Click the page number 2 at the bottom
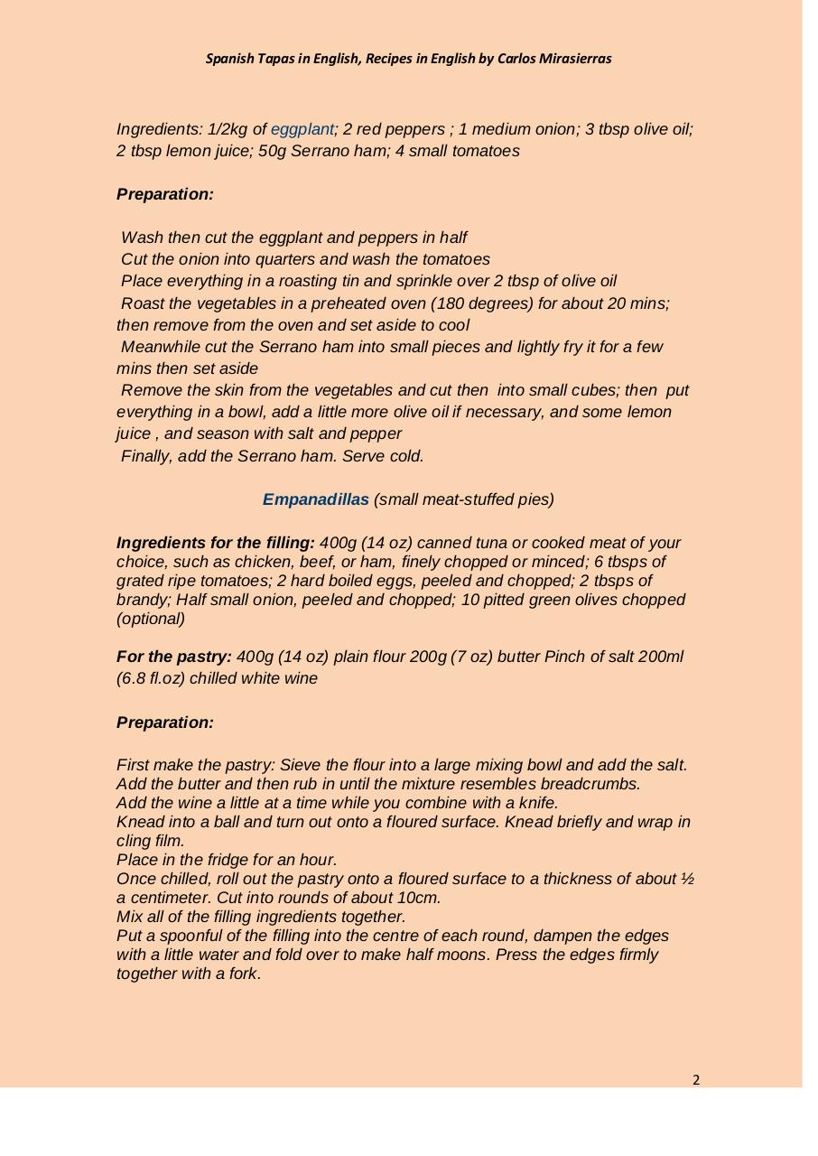(696, 1079)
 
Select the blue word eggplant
(302, 129)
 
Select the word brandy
(144, 600)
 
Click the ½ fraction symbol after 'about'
(687, 879)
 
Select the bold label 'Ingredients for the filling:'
(216, 543)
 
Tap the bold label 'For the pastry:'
(174, 657)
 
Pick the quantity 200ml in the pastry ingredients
(661, 657)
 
